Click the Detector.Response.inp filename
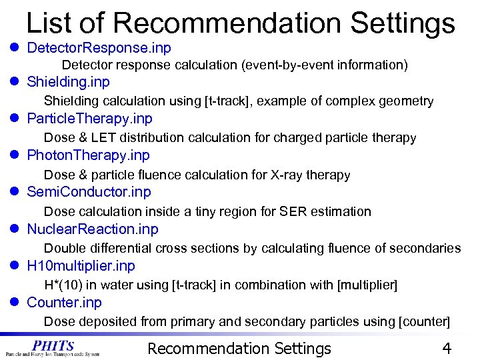click(x=99, y=48)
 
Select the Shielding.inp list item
click(x=68, y=82)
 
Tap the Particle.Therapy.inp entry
click(x=89, y=119)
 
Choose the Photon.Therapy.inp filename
click(x=88, y=155)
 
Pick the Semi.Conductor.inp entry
click(x=89, y=192)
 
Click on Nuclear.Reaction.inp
click(x=93, y=229)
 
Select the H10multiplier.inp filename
click(x=81, y=266)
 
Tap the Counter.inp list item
click(x=64, y=303)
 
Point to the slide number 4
click(x=447, y=349)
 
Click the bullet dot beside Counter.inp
click(x=14, y=303)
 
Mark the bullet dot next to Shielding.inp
click(x=14, y=83)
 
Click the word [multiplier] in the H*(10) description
click(x=368, y=285)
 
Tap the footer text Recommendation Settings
click(x=239, y=349)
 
